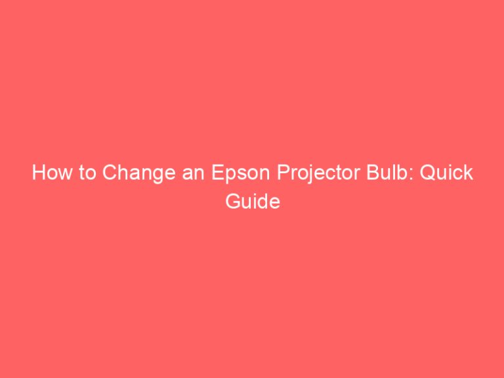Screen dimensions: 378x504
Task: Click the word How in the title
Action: coord(50,174)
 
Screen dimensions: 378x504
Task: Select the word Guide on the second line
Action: coord(253,202)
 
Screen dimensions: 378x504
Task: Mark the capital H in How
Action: coord(38,174)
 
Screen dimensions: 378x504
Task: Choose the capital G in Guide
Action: coord(232,202)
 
